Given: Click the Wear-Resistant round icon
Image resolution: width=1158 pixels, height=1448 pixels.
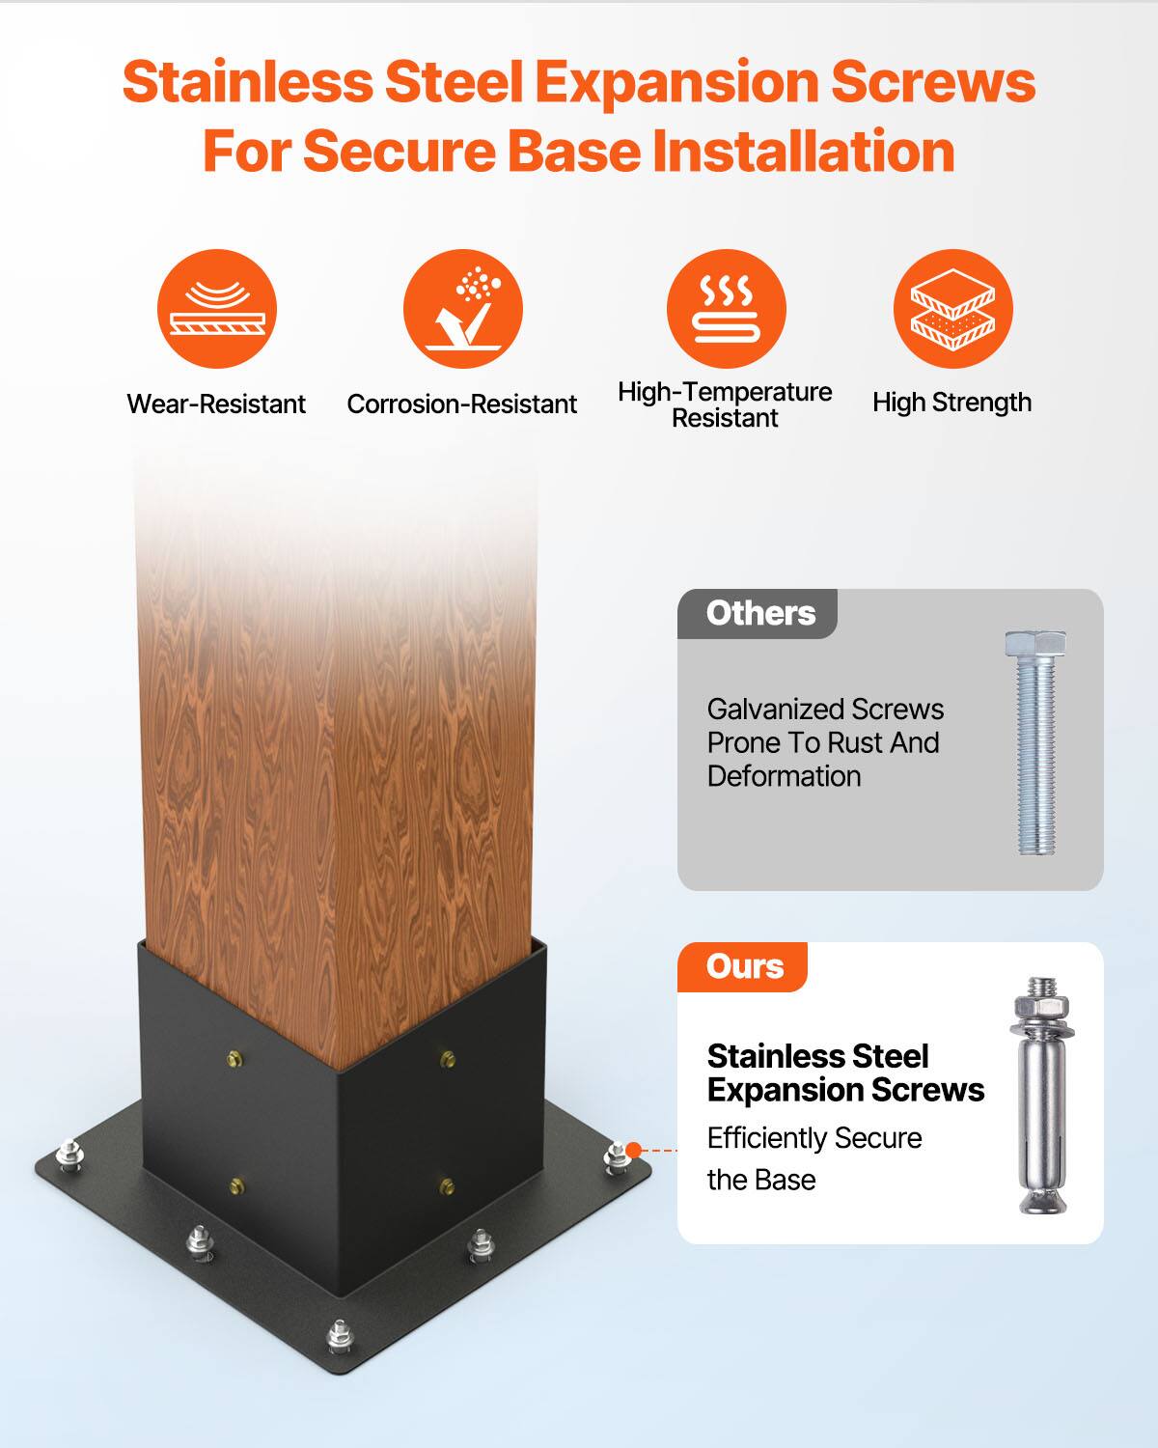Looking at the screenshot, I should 217,309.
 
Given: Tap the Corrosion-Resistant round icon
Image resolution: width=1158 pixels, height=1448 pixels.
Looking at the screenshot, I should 463,309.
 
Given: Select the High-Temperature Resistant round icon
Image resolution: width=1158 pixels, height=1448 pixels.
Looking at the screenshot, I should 726,309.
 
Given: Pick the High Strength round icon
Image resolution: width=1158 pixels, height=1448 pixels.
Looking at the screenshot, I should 952,309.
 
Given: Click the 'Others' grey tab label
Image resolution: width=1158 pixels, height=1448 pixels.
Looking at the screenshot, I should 759,614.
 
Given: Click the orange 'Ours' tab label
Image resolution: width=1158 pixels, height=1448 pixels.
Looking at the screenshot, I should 744,967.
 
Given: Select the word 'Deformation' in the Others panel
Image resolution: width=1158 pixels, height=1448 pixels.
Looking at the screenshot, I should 784,776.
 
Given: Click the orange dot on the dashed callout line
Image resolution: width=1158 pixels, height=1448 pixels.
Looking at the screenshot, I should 634,1150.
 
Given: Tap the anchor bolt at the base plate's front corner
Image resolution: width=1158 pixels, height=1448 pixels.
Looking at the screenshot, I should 339,1337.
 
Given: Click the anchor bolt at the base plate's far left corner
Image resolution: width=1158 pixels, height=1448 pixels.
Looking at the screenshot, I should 69,1155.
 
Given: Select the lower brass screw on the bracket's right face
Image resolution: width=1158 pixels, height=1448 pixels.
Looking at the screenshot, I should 447,1184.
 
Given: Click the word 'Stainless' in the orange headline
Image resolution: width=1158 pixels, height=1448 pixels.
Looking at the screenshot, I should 247,82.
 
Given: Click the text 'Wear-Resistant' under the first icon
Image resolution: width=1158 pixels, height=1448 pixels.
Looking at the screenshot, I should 216,404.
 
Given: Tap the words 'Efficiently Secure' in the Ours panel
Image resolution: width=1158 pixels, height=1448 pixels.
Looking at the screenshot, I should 814,1138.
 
